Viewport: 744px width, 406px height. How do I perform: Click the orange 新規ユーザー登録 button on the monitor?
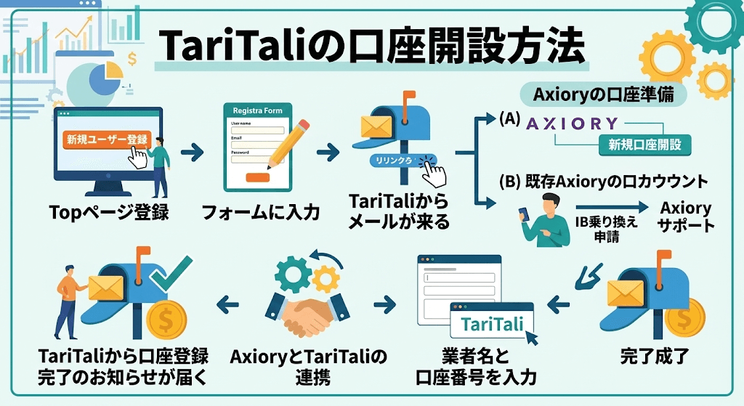tap(107, 139)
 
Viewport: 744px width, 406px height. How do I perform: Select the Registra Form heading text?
tap(258, 110)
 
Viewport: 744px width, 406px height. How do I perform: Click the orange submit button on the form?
tap(258, 177)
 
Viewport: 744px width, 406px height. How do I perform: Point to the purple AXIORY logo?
tap(573, 123)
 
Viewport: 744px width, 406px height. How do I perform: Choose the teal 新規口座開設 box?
tap(645, 145)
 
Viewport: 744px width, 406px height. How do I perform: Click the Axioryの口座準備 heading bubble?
tap(603, 95)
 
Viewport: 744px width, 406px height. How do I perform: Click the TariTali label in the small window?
tap(492, 324)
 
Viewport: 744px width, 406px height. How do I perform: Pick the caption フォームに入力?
tap(261, 212)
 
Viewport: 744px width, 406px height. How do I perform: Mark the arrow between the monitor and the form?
tap(192, 153)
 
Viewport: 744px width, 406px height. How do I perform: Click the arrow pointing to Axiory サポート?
tap(612, 207)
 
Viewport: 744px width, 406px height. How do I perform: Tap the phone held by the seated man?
tap(524, 214)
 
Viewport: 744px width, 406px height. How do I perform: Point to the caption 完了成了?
tap(655, 356)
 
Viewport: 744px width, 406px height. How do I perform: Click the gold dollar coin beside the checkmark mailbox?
tap(166, 320)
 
